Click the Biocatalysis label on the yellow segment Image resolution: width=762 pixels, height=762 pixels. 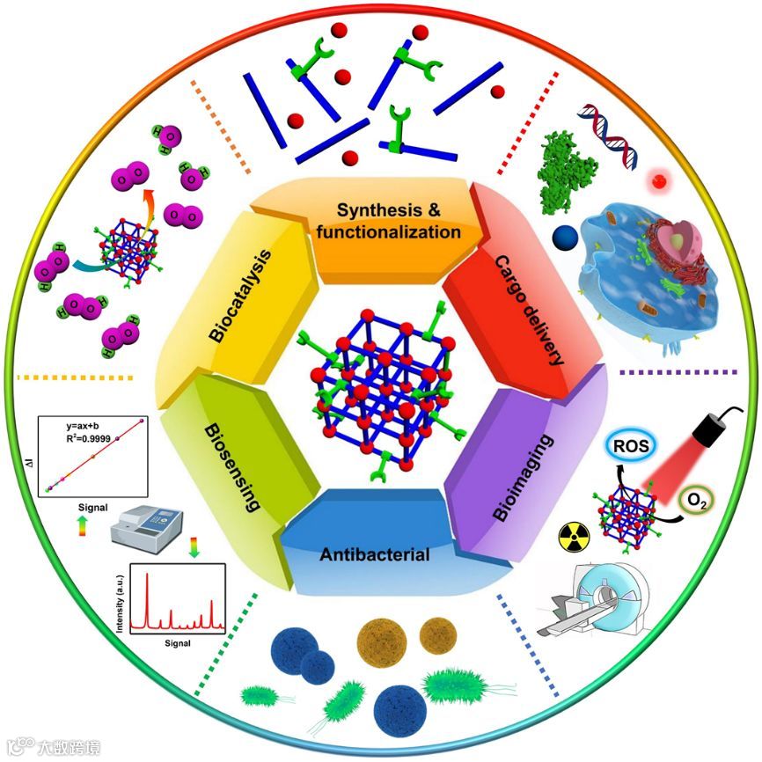(240, 296)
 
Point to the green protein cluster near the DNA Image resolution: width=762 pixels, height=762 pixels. (568, 157)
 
